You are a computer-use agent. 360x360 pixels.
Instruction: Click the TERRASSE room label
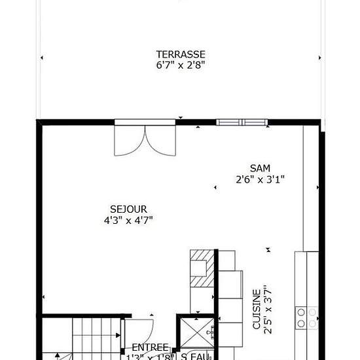[x=181, y=54]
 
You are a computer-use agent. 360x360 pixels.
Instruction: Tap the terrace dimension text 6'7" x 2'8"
[x=181, y=65]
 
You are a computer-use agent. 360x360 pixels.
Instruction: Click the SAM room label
[x=260, y=168]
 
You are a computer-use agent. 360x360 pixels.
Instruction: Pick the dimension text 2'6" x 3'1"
[x=260, y=178]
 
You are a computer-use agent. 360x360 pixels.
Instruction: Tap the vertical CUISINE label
[x=256, y=308]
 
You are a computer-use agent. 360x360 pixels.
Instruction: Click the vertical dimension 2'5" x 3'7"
[x=266, y=308]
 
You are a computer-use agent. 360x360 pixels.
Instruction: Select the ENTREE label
[x=150, y=347]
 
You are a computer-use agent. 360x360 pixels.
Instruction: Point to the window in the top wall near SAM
[x=242, y=122]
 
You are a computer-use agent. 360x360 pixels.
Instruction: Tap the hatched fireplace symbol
[x=202, y=268]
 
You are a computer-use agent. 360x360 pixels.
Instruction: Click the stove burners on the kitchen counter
[x=306, y=317]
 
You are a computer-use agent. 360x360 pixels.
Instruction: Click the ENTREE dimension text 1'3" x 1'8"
[x=150, y=357]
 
